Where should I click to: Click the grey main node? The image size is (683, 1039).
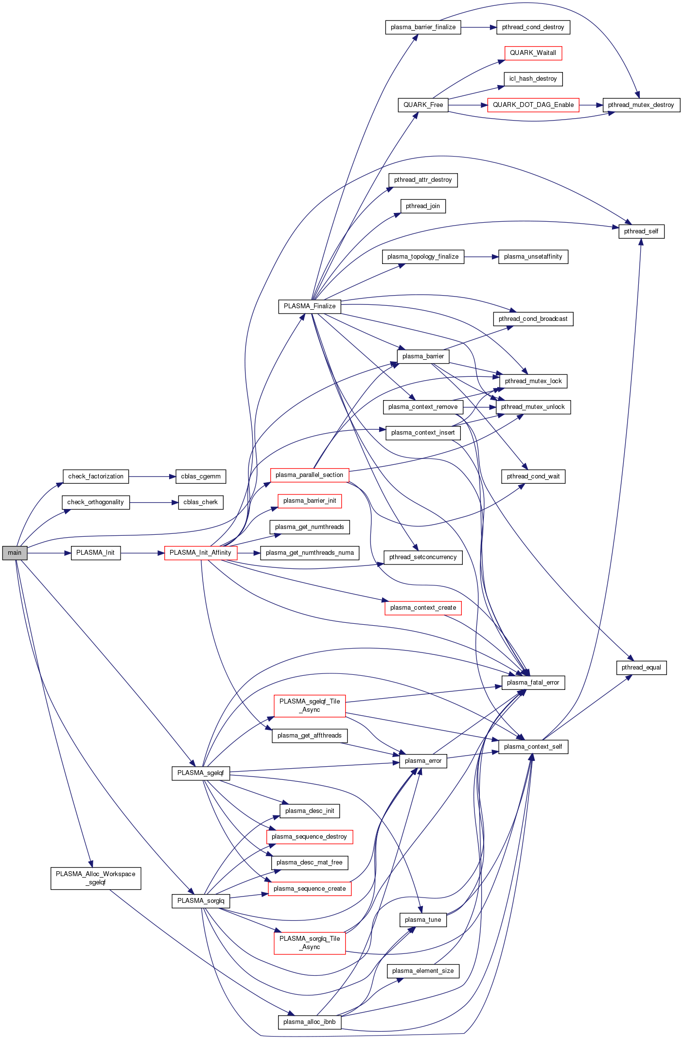(15, 553)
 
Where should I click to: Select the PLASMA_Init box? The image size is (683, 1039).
(96, 553)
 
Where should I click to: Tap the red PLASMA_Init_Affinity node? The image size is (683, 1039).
(200, 553)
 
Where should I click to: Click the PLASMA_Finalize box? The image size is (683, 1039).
(310, 306)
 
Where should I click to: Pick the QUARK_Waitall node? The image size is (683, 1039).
(533, 53)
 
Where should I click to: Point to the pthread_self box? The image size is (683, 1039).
(641, 231)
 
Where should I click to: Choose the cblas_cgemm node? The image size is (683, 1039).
(200, 476)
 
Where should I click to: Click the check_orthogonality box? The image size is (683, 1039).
(96, 502)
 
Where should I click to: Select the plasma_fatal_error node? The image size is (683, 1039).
(533, 683)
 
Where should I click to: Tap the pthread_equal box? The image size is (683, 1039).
(641, 668)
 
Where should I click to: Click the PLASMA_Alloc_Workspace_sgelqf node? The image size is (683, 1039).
(96, 878)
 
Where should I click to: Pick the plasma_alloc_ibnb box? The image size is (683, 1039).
(310, 1022)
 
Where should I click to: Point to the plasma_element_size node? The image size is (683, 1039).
(423, 971)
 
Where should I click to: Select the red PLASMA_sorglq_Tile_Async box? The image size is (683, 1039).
(310, 943)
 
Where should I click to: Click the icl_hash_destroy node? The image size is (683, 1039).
(533, 79)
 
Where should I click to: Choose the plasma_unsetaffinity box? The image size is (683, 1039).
(533, 257)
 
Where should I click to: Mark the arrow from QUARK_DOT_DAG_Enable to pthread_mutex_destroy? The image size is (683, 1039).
(591, 105)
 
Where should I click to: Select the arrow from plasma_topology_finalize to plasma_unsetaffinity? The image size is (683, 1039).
(481, 257)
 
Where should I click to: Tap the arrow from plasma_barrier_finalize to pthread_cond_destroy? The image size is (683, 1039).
(478, 27)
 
